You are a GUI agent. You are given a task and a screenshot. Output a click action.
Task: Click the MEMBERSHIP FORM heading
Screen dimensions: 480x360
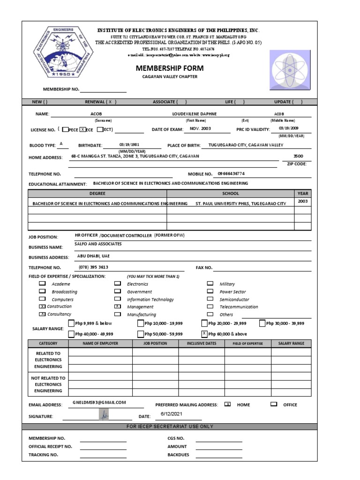[163, 68]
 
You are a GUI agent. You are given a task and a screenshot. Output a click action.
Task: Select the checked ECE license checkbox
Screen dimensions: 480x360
[82, 129]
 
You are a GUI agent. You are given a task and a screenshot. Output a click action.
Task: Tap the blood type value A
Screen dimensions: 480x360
[61, 144]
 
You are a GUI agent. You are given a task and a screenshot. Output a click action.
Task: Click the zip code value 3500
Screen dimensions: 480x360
[298, 156]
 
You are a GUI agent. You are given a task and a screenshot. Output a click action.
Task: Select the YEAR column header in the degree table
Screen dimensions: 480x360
[302, 193]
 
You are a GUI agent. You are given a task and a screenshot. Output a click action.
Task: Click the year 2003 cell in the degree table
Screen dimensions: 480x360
[302, 202]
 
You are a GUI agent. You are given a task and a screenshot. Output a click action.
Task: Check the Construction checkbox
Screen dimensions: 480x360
[42, 307]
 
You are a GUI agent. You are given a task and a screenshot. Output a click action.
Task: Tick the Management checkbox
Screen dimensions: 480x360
[117, 307]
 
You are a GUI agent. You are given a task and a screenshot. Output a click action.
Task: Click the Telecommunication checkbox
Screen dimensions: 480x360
[210, 307]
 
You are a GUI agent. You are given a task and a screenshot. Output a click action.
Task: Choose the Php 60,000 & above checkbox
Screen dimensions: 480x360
[204, 334]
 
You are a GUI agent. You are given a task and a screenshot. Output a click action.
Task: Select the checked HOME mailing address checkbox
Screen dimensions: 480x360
[228, 404]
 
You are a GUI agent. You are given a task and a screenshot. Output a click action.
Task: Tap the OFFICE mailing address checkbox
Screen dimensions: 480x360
[274, 404]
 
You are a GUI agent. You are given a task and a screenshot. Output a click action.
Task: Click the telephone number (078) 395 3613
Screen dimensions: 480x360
[94, 267]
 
